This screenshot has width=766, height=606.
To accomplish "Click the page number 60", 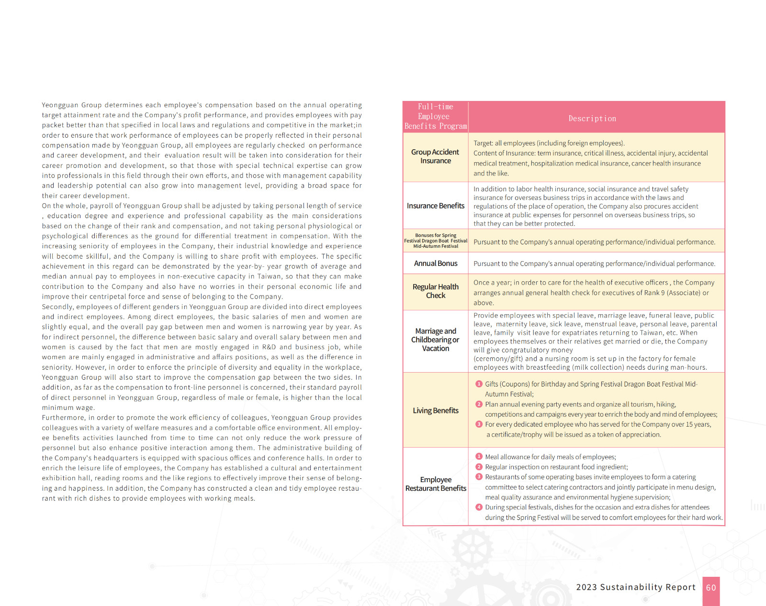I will (x=711, y=588).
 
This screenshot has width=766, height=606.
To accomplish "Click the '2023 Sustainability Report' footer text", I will (x=635, y=587).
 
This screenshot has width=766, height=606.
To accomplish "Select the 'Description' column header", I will (x=592, y=119).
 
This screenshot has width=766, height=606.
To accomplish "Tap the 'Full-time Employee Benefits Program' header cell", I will (x=435, y=117).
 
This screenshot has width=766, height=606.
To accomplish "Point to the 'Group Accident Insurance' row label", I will (x=435, y=156).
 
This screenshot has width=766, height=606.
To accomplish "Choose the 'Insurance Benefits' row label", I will (x=435, y=206).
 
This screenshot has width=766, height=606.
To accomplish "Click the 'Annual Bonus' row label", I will (x=435, y=264).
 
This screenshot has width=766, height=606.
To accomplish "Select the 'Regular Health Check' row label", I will (x=435, y=291).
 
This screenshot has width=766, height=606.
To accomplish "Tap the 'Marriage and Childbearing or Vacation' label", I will (x=435, y=340).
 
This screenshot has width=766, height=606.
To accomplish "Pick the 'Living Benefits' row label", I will (x=435, y=410).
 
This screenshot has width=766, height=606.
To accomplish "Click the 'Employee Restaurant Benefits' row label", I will (x=435, y=484).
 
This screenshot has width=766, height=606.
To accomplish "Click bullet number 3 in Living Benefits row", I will (x=479, y=424).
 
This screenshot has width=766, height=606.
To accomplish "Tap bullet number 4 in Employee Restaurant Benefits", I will (x=479, y=507).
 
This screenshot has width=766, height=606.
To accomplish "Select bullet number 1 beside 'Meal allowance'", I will (x=479, y=457).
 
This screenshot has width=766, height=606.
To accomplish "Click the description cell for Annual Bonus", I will (x=594, y=264).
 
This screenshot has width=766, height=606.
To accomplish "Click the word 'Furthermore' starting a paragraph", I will (x=63, y=418).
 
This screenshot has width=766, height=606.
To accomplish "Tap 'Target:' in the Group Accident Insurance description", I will (x=483, y=143).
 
